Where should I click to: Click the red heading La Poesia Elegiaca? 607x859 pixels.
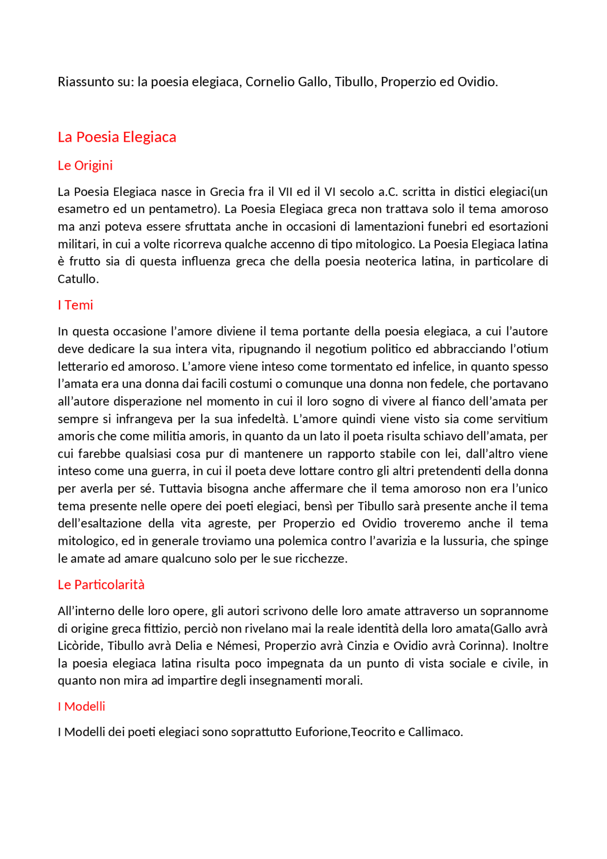[117, 137]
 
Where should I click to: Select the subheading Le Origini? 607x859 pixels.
[85, 166]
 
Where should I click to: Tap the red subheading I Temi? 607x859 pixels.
[75, 305]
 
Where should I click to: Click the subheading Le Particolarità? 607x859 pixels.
[101, 584]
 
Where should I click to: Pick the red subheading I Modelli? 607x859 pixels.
[81, 706]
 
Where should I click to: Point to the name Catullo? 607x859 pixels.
[78, 279]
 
